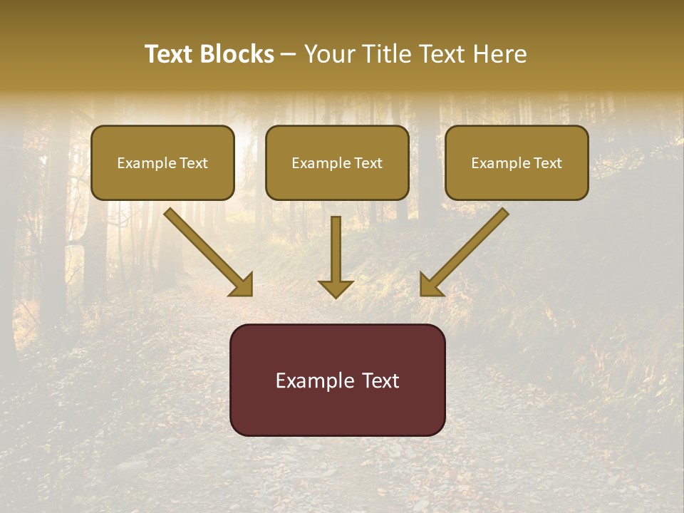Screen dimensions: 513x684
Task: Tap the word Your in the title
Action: (331, 54)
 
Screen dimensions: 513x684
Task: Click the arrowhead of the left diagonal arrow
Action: (242, 284)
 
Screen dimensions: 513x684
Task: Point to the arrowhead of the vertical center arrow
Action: (336, 288)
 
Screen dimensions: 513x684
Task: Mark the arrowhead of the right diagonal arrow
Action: (431, 284)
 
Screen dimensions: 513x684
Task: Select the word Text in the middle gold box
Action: (368, 163)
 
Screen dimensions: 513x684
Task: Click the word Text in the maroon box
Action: (380, 380)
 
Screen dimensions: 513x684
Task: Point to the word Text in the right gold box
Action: (548, 163)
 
